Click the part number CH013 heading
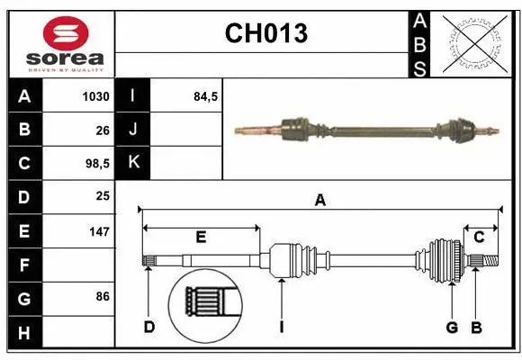265,34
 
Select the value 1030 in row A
95,96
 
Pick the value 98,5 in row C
95,164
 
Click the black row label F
23,265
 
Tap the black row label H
23,332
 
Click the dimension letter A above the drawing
319,202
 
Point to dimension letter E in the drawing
201,238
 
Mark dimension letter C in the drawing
480,238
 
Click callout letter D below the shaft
149,327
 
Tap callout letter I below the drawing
282,327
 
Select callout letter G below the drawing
453,327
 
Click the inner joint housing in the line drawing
287,261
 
